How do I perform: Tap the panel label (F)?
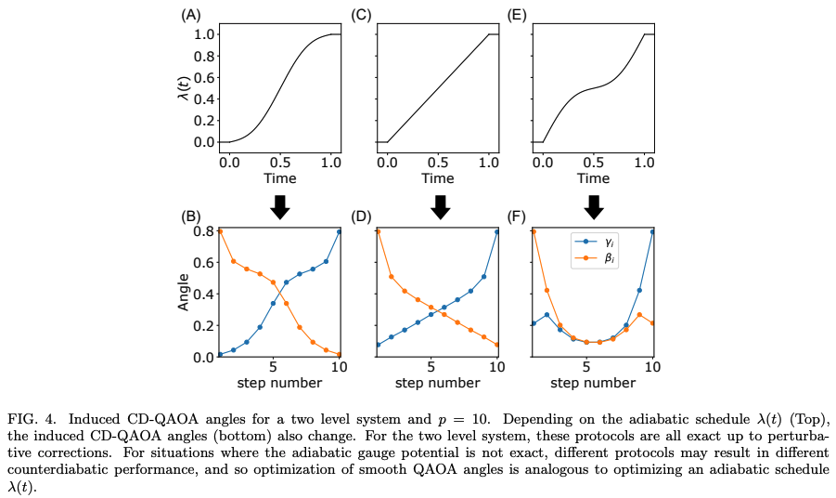click(518, 217)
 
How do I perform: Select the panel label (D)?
click(362, 217)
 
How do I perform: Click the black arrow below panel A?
click(279, 206)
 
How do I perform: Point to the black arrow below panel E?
click(594, 206)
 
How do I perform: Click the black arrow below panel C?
click(441, 206)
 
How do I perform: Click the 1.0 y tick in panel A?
click(205, 34)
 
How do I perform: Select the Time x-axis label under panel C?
click(436, 177)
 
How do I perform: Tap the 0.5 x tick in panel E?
click(593, 162)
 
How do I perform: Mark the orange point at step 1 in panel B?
click(220, 231)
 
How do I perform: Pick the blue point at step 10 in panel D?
click(497, 232)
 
